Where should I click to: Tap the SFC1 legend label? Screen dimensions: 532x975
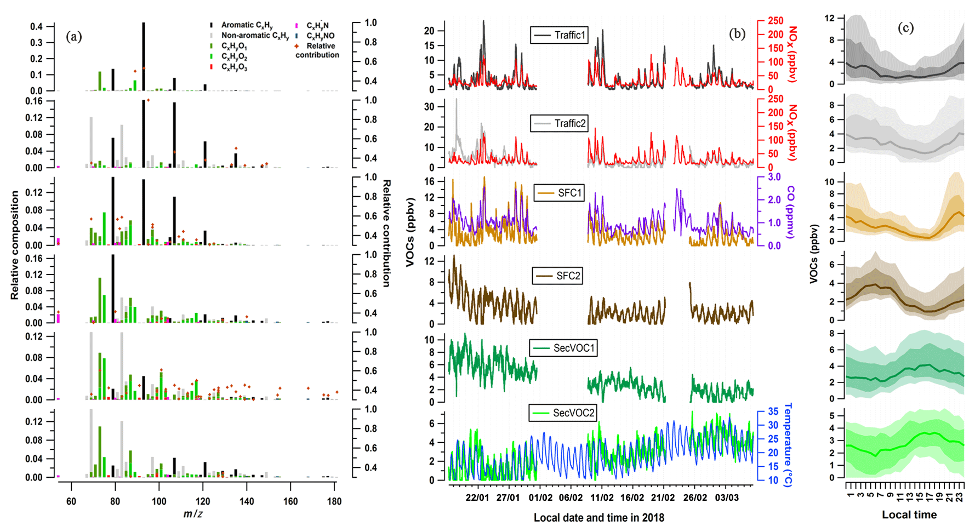coord(560,193)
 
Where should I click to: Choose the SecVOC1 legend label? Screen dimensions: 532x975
coord(564,348)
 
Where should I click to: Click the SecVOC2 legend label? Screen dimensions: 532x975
coord(563,413)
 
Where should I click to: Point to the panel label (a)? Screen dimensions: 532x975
coord(74,37)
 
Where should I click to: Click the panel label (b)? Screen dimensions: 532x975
coord(737,34)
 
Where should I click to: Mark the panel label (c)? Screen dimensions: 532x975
coord(905,27)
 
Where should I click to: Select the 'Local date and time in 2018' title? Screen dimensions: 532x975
coord(598,517)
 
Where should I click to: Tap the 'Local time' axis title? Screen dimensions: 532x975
coord(909,514)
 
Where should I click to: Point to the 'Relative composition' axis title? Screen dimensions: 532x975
coord(15,245)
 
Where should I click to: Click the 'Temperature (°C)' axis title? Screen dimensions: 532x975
coord(788,445)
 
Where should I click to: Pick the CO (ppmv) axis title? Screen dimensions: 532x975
coord(790,211)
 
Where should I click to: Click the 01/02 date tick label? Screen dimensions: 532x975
coord(540,497)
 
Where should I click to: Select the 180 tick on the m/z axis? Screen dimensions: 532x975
coord(334,501)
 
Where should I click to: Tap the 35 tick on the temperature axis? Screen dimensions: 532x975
coord(773,411)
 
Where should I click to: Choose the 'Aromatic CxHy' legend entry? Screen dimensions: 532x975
coord(247,25)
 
